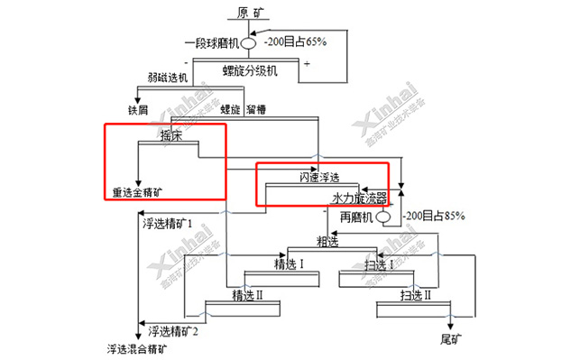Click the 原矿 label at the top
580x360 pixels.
pos(253,13)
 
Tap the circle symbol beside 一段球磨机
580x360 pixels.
pos(248,42)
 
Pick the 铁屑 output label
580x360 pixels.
pos(137,110)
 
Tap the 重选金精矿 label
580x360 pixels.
pos(138,192)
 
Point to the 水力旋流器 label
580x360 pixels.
pos(359,197)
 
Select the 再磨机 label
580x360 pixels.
pos(356,217)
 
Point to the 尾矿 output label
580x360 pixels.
pos(451,338)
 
